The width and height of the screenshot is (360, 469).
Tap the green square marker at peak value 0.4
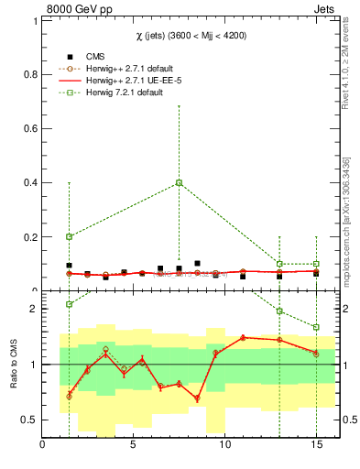[x=180, y=182]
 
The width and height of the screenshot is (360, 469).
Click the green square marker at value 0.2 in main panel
[x=69, y=236]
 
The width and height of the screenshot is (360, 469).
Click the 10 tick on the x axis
[x=224, y=446]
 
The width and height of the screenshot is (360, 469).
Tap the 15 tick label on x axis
[x=316, y=446]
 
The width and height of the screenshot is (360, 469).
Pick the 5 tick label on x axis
[x=134, y=446]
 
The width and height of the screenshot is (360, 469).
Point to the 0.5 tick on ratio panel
[x=29, y=420]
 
